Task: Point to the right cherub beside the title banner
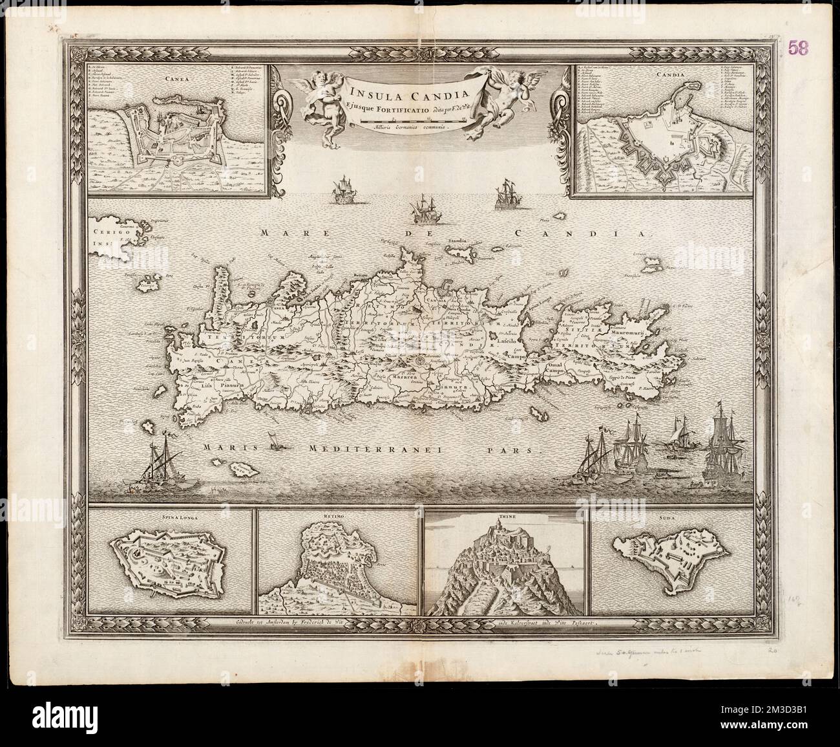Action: [x=490, y=97]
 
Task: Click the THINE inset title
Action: [x=505, y=516]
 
